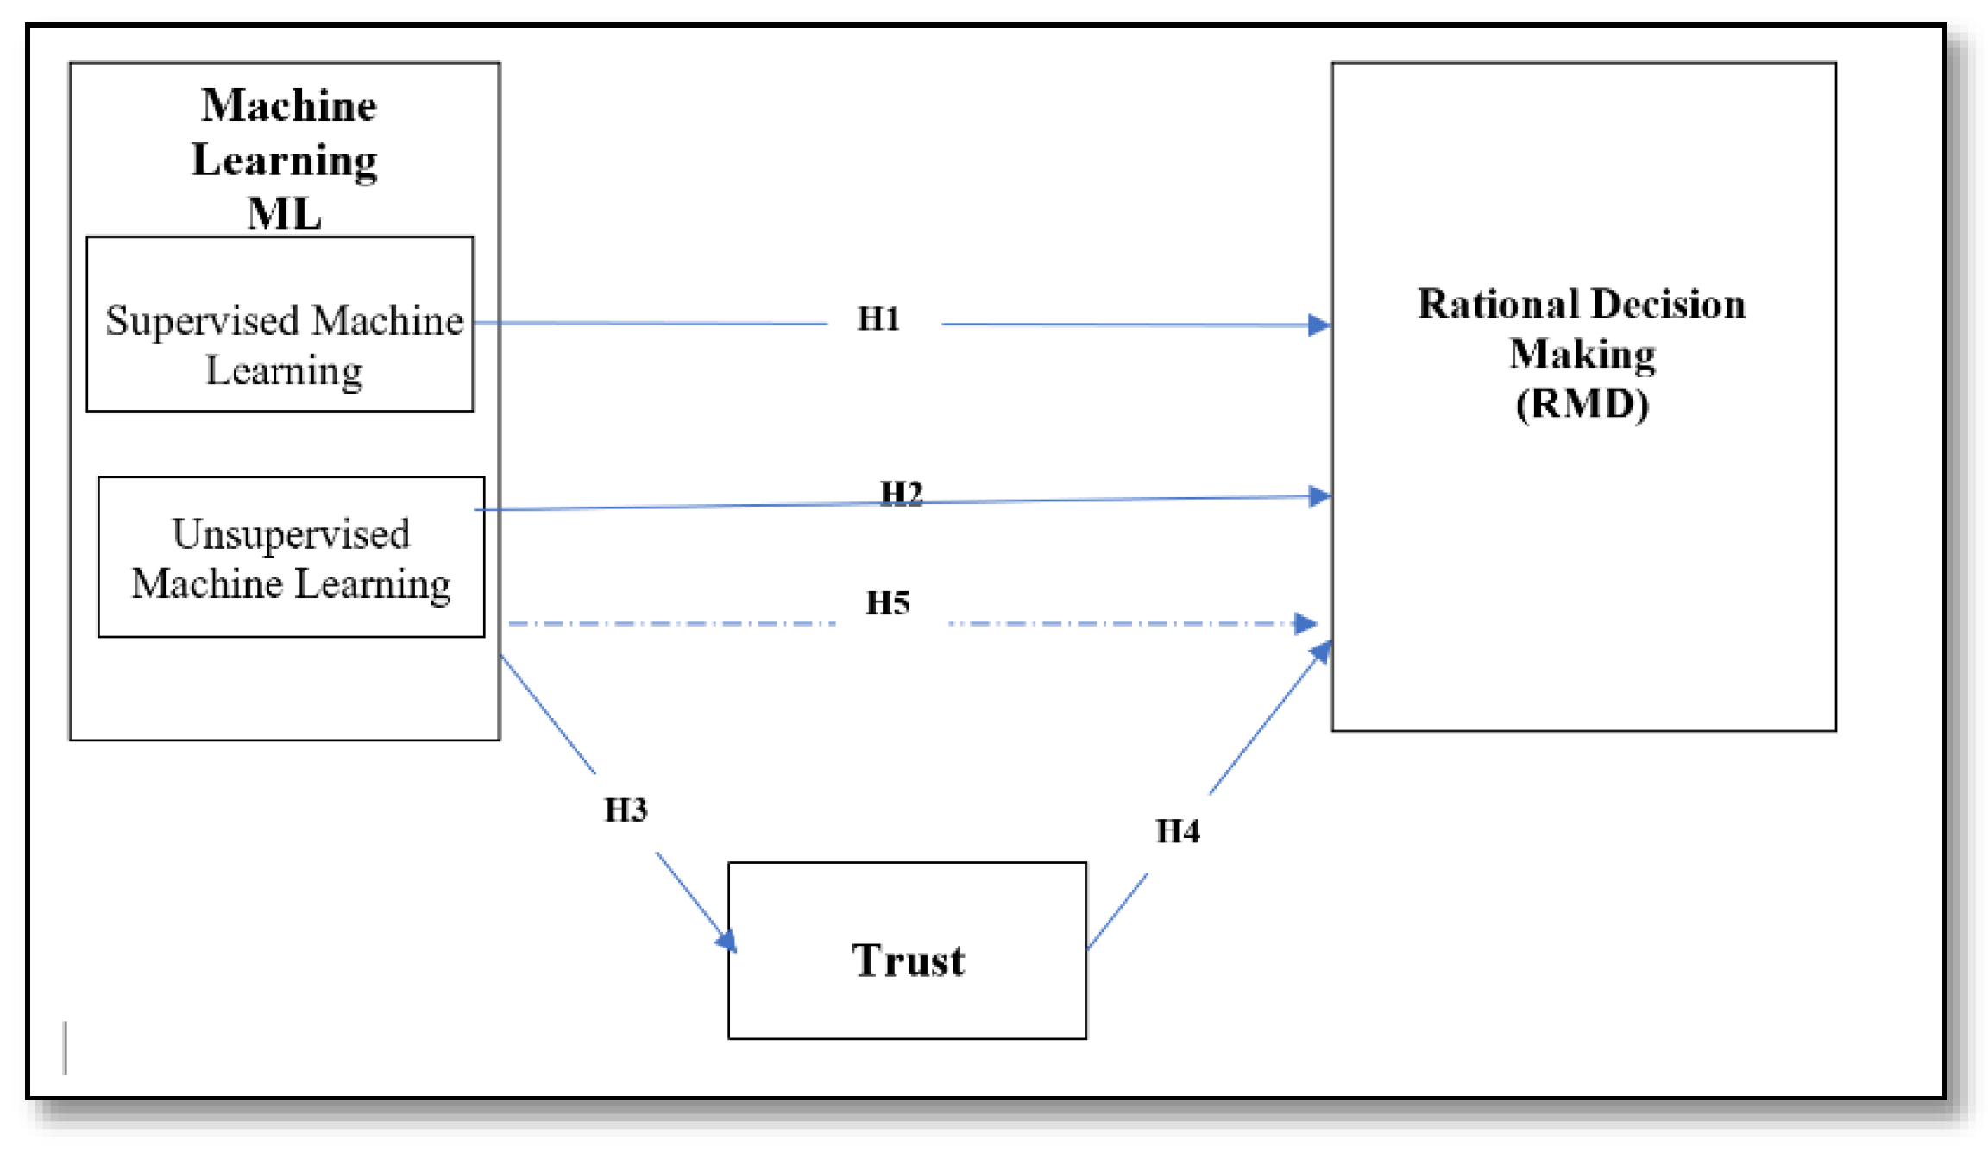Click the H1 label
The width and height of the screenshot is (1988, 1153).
click(x=878, y=318)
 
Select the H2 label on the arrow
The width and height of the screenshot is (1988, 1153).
click(x=901, y=493)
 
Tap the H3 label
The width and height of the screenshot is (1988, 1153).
click(x=626, y=810)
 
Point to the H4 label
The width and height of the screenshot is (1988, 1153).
click(x=1178, y=831)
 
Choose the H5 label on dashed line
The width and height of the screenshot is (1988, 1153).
click(x=887, y=602)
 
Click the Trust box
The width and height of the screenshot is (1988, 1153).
click(x=907, y=950)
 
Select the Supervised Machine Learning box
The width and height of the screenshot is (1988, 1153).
click(x=280, y=324)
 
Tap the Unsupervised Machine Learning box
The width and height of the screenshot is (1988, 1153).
click(x=291, y=557)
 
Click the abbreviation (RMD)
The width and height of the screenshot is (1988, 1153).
click(x=1582, y=404)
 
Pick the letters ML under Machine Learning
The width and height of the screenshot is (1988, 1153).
click(x=284, y=213)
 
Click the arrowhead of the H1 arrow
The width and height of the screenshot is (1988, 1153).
click(x=1318, y=325)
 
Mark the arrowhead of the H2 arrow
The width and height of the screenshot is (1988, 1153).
click(x=1319, y=496)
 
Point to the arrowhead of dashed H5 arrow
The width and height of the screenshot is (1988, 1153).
click(x=1305, y=623)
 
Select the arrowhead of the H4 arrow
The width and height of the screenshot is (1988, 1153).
click(x=1321, y=652)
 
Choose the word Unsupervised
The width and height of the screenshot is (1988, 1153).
click(x=291, y=533)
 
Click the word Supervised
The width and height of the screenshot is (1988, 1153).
click(x=202, y=321)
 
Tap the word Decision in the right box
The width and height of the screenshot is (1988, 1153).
click(x=1668, y=305)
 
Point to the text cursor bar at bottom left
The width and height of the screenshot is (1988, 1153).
click(x=66, y=1048)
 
